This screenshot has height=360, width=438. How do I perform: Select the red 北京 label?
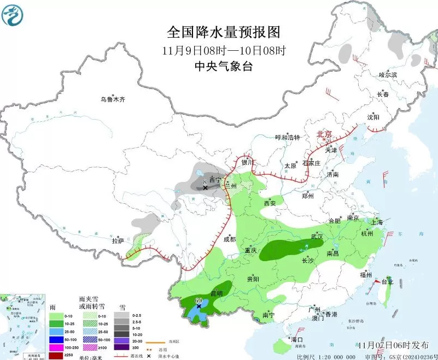click(x=325, y=134)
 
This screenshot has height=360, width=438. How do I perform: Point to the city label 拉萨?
click(x=118, y=240)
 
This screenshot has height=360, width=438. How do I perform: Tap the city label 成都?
click(x=230, y=239)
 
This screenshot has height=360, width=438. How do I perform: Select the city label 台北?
click(x=387, y=282)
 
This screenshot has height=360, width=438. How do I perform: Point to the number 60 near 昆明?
click(x=199, y=300)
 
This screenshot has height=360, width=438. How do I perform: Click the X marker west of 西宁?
click(x=205, y=187)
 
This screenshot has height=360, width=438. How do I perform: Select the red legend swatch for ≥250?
click(x=56, y=355)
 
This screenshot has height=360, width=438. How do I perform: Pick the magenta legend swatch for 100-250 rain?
click(x=56, y=347)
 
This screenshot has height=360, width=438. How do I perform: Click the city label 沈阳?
click(x=373, y=116)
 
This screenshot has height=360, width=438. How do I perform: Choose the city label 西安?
click(x=270, y=203)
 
